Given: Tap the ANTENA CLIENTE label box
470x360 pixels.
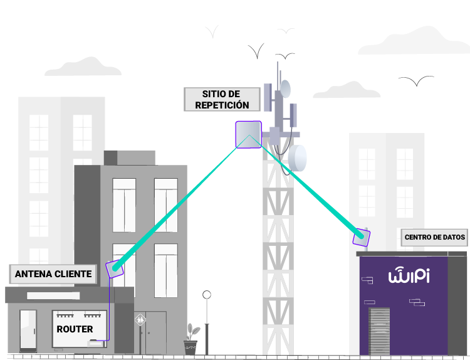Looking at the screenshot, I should [x=53, y=274].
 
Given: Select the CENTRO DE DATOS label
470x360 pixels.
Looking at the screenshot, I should [x=435, y=237].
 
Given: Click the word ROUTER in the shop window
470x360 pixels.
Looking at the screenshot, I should [x=75, y=329].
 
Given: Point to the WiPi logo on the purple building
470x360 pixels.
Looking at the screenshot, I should [x=409, y=276].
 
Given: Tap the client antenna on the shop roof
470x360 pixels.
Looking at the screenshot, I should [x=114, y=268].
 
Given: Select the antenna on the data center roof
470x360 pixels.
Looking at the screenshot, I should [x=361, y=238].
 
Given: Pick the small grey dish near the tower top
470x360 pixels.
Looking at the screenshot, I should [x=286, y=88].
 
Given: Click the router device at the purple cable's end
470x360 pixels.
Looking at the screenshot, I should [x=96, y=342].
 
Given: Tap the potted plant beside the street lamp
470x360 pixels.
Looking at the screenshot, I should [x=191, y=339].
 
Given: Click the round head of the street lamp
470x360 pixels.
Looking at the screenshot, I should [x=207, y=294].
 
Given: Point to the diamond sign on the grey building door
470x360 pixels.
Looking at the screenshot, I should [x=140, y=320].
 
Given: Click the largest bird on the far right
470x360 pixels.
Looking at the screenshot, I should [x=415, y=81].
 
